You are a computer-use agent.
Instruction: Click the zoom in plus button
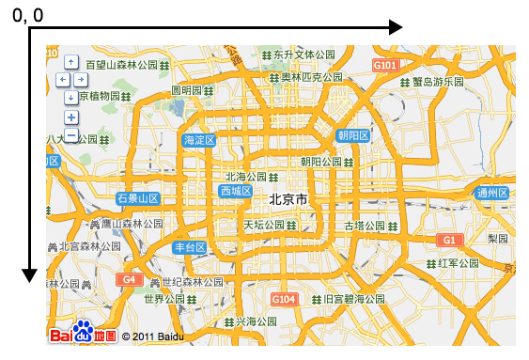point(70,117)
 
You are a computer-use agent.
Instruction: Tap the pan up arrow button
point(70,63)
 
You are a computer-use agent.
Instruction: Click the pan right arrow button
point(81,80)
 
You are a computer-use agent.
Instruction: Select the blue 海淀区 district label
point(199,140)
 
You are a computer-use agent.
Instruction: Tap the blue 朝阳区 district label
point(353,136)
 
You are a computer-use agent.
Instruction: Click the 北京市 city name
point(288,199)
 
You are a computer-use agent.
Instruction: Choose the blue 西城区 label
point(235,191)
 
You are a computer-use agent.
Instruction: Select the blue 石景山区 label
point(138,198)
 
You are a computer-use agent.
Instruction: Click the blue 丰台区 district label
point(190,247)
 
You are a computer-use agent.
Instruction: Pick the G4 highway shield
point(130,280)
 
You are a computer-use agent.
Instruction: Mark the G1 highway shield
point(449,240)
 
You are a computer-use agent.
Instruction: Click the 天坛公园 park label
point(264,226)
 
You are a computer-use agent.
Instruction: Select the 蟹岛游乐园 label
point(438,82)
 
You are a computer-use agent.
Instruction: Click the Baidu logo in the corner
point(83,334)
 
